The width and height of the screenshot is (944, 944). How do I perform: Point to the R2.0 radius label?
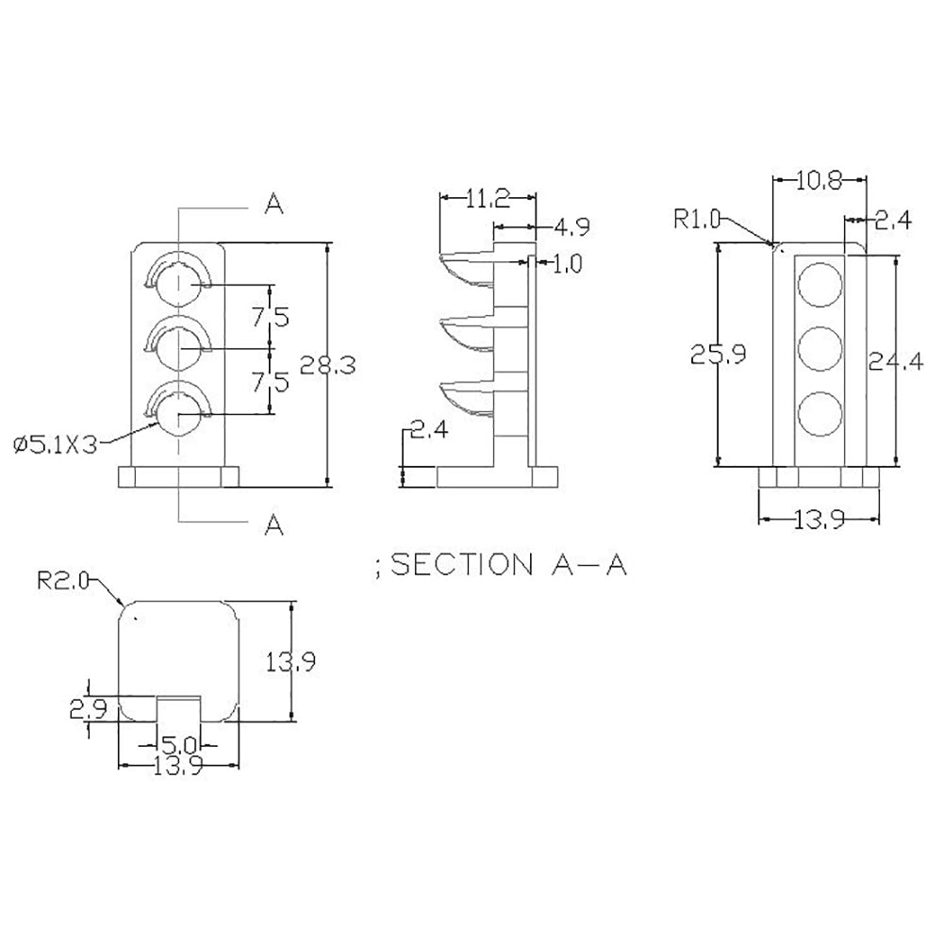(62, 583)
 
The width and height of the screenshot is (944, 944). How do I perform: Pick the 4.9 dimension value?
(571, 227)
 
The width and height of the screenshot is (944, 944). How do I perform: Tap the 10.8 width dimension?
(819, 181)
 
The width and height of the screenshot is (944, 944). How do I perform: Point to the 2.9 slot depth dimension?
(88, 707)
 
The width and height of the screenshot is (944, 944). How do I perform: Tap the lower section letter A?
(274, 524)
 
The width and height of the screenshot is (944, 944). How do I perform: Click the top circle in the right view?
(819, 284)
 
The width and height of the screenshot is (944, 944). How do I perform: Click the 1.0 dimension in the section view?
(567, 264)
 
